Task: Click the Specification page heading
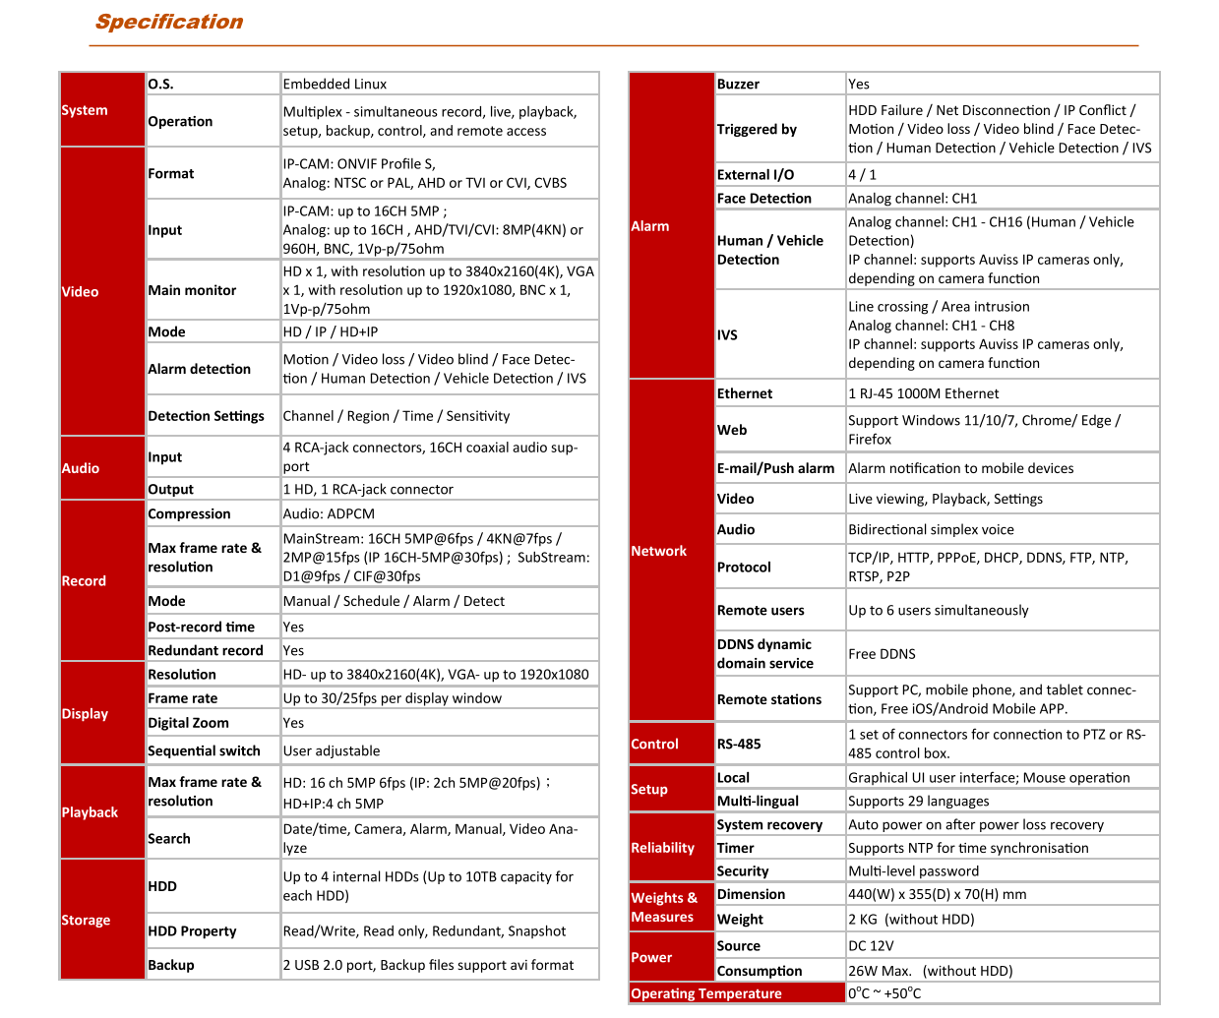169,23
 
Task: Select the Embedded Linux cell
335,85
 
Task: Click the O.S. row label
161,85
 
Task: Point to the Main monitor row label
192,290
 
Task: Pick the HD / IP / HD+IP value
331,332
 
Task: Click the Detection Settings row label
206,416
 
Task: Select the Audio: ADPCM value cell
329,514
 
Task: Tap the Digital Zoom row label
188,723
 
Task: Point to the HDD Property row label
192,931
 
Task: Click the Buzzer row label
738,85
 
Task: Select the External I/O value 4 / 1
863,175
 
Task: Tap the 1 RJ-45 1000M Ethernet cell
923,394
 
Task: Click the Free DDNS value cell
882,654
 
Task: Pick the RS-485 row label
739,745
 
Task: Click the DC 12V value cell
871,946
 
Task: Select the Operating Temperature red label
706,993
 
